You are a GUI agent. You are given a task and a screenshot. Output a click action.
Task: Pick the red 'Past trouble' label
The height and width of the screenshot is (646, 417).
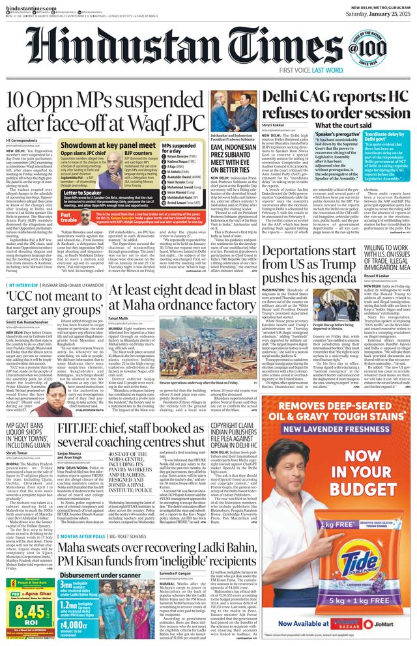click(x=70, y=214)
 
